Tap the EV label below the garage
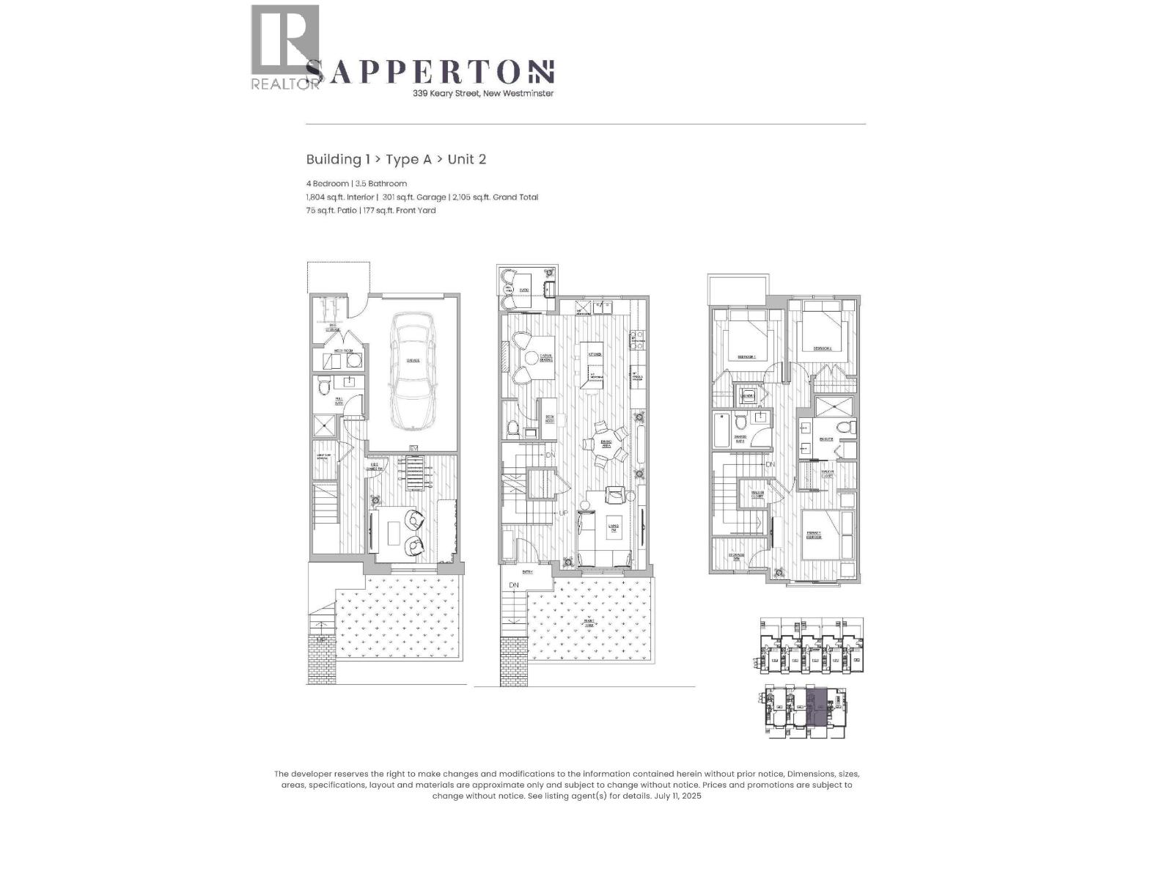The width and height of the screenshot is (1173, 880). [x=413, y=448]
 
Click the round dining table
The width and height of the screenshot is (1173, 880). [x=606, y=444]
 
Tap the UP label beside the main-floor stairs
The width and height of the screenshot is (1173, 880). [x=564, y=513]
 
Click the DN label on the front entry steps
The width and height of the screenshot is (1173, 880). [x=514, y=584]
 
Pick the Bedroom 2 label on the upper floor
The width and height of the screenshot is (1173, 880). [x=822, y=348]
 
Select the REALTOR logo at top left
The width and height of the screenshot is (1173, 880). [x=285, y=48]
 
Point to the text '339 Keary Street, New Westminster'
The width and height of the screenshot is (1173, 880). [x=482, y=93]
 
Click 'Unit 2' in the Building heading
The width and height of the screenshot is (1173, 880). [x=466, y=159]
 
